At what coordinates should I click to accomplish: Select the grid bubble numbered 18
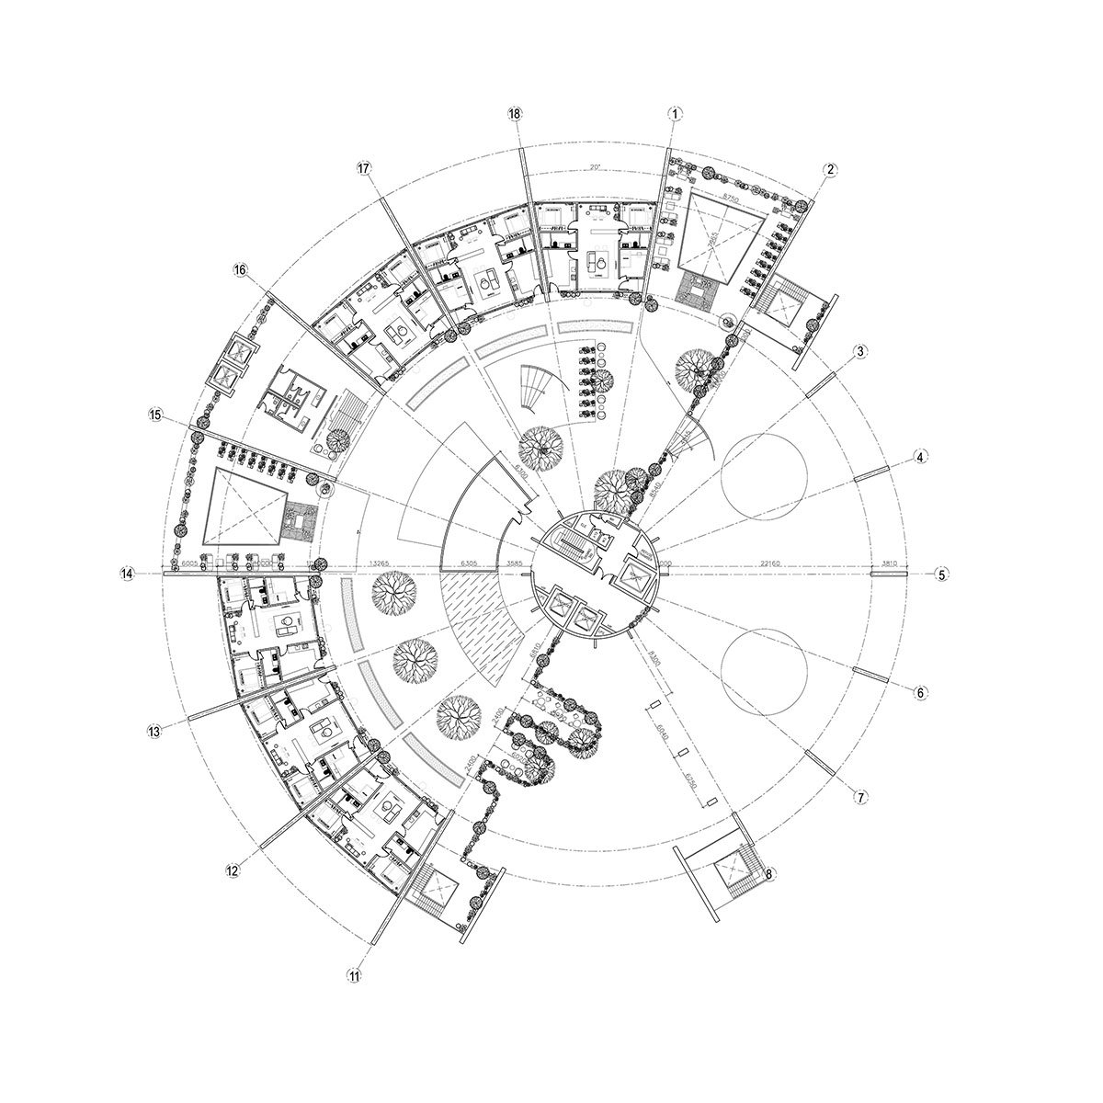515,113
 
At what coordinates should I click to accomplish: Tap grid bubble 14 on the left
128,574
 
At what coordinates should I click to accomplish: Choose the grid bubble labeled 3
860,351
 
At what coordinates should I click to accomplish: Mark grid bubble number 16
240,270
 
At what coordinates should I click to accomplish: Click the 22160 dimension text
772,563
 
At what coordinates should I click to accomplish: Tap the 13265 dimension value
380,563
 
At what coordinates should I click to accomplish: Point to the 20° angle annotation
595,167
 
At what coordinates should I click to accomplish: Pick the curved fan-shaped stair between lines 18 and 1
531,390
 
